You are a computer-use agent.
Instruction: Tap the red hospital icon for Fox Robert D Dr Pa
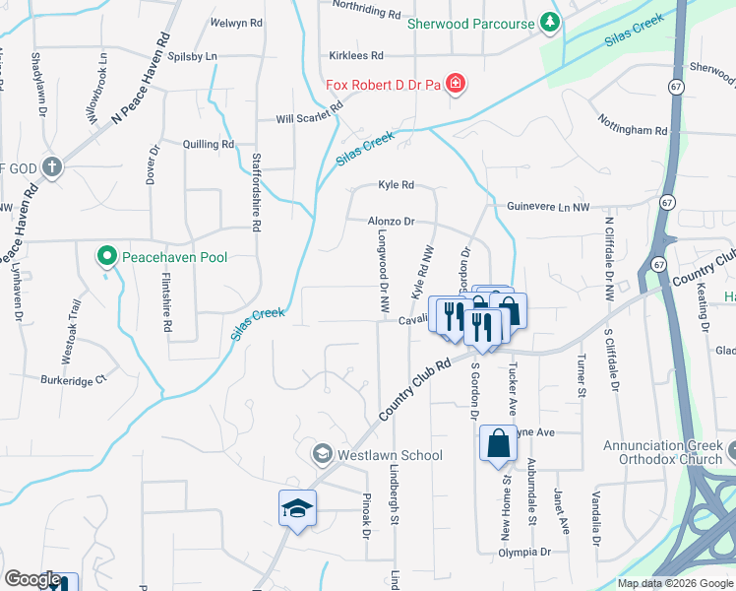click(x=456, y=84)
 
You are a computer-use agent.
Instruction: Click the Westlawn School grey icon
click(x=321, y=455)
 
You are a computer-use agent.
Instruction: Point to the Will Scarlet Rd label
click(x=308, y=119)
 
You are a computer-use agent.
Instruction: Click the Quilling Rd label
click(x=209, y=144)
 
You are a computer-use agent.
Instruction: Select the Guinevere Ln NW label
click(x=548, y=207)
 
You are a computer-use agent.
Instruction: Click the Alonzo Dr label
click(x=392, y=222)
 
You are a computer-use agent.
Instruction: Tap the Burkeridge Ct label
click(x=73, y=378)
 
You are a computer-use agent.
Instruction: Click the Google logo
click(x=32, y=579)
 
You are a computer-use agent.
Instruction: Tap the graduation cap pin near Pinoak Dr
click(x=298, y=508)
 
